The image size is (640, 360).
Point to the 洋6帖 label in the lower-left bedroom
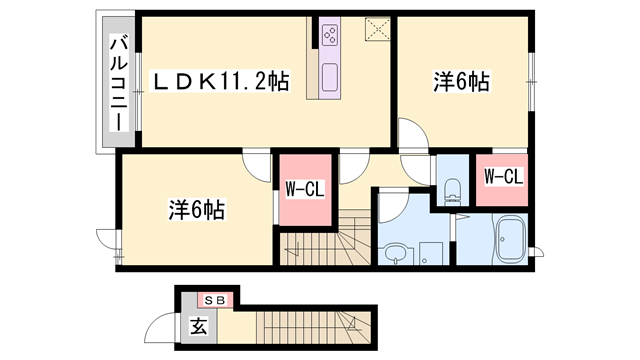(196, 210)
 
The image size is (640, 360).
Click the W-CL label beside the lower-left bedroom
(303, 189)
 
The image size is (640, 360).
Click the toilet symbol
(450, 187)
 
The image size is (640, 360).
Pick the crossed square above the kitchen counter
(376, 28)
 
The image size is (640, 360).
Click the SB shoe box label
(214, 299)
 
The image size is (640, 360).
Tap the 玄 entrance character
(197, 325)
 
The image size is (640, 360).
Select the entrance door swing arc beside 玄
(160, 328)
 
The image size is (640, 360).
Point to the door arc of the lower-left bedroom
(256, 167)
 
